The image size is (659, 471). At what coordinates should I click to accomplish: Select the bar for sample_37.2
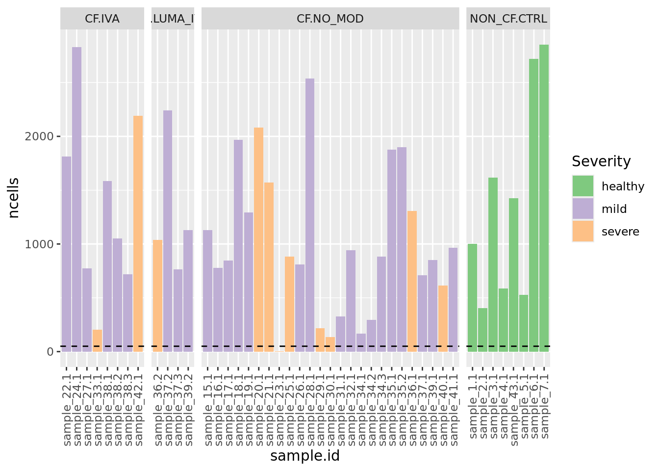click(168, 231)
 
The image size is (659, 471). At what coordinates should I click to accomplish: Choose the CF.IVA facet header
click(102, 19)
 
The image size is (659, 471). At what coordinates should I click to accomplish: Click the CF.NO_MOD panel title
click(330, 19)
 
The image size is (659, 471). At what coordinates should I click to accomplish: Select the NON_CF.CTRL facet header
click(508, 19)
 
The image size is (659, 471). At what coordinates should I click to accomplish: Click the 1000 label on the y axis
click(39, 244)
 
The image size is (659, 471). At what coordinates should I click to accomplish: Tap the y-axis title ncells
click(14, 198)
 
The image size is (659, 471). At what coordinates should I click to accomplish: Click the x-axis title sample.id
click(305, 456)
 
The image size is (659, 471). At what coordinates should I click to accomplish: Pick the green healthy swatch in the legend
click(583, 186)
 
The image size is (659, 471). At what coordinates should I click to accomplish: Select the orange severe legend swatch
click(583, 232)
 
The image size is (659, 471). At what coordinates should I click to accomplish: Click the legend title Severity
click(601, 161)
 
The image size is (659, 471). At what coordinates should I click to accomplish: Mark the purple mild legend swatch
click(583, 209)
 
